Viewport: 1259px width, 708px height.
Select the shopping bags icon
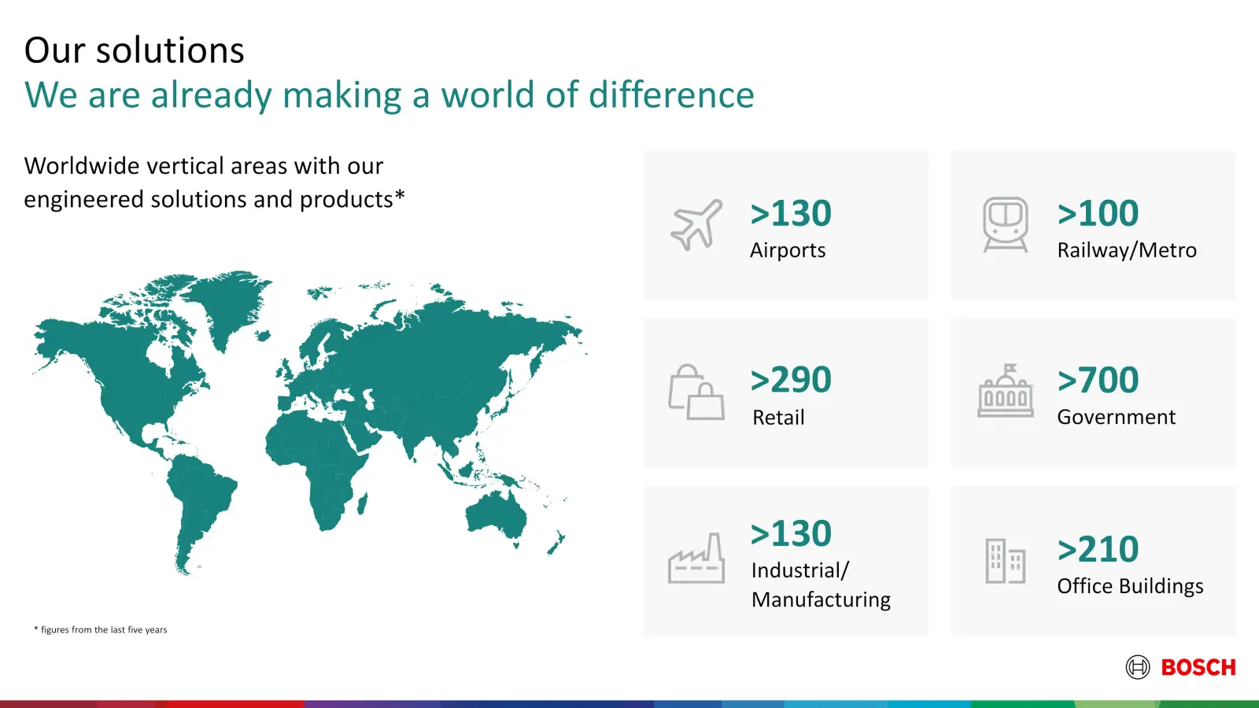[x=696, y=393]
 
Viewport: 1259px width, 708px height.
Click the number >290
[x=791, y=379]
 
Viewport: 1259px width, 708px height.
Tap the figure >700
[x=1098, y=379]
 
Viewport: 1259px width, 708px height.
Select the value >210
[x=1098, y=549]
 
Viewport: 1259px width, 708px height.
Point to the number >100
[x=1098, y=213]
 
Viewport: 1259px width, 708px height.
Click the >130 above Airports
[x=791, y=213]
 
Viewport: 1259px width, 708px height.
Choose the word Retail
[x=778, y=418]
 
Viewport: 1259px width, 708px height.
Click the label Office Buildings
[x=1130, y=586]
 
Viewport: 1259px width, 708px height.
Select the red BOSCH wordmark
[x=1198, y=668]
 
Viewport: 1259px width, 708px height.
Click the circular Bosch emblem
[x=1138, y=667]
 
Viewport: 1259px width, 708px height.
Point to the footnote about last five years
[x=101, y=630]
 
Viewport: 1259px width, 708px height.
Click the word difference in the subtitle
[x=671, y=94]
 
